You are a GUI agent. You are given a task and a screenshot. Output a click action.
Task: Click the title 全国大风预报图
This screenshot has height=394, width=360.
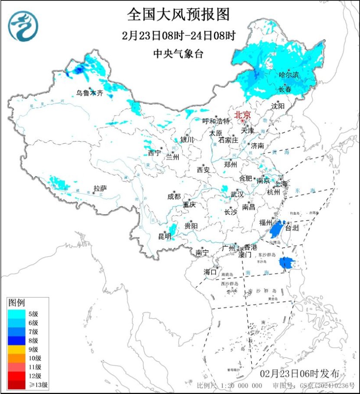point(178,15)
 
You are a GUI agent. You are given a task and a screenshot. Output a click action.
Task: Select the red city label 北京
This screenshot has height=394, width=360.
point(242,115)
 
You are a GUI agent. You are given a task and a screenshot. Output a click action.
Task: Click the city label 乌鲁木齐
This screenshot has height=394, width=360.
point(90,93)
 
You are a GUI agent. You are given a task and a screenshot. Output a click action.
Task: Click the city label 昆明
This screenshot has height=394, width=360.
point(165,236)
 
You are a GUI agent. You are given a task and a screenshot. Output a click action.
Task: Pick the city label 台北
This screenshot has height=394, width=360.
point(292,228)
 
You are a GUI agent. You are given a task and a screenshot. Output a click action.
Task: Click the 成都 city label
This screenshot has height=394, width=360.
point(174,196)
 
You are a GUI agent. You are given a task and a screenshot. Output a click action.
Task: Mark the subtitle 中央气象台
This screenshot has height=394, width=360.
point(178,54)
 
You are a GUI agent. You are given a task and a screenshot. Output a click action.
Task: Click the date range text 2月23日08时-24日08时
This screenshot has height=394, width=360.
point(178,36)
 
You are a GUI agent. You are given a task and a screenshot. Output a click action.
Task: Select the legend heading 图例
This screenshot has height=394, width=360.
point(17,302)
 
